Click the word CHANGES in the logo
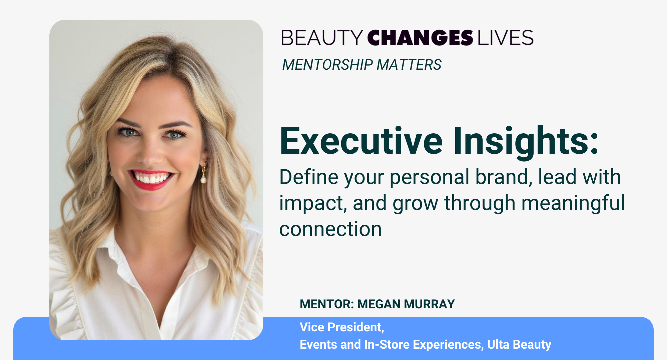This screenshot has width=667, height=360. [x=420, y=37]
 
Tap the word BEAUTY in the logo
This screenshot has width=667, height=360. [x=322, y=37]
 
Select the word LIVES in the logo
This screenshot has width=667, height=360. [x=505, y=37]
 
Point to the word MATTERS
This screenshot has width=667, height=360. [x=409, y=65]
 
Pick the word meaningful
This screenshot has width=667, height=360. [x=573, y=203]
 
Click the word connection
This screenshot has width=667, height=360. [x=330, y=229]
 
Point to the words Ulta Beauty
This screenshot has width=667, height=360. [x=519, y=345]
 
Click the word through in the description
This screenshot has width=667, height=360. [x=480, y=203]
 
